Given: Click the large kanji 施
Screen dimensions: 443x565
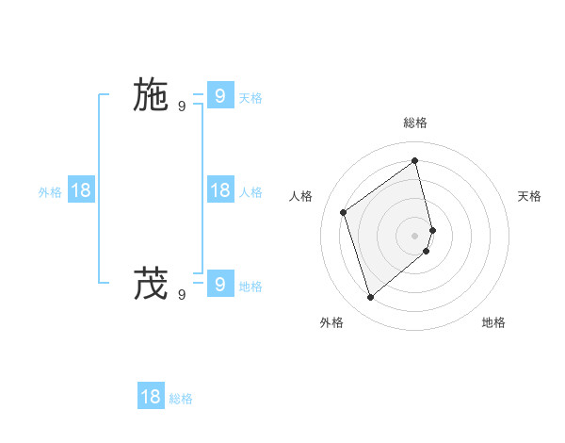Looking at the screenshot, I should click(x=150, y=95).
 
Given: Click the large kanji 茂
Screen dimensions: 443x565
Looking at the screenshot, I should click(x=150, y=283).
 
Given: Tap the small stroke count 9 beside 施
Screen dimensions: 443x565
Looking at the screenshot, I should click(x=182, y=107).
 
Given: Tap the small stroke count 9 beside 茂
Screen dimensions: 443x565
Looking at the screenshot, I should click(x=182, y=294).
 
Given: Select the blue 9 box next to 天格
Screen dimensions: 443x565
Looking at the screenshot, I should click(x=219, y=95).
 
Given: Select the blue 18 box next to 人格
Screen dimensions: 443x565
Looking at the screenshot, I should click(x=219, y=190).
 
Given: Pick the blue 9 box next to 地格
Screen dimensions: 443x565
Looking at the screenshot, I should click(x=219, y=283).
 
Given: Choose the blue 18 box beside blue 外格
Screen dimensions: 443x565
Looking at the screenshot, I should click(x=81, y=190).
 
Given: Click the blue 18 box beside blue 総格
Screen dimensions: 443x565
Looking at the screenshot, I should click(x=151, y=396).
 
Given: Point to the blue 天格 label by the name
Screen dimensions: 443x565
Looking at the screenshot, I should click(x=250, y=98).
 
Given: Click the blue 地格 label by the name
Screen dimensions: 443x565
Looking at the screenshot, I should click(x=250, y=287).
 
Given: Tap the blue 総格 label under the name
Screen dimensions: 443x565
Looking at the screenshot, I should click(x=181, y=399).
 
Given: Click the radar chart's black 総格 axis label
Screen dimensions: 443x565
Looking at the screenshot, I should click(x=415, y=123).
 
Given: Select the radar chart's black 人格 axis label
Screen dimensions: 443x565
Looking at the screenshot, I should click(x=300, y=196).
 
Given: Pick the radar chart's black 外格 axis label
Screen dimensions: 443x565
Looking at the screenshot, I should click(x=331, y=322).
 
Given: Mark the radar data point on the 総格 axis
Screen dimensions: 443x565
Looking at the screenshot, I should click(x=415, y=160).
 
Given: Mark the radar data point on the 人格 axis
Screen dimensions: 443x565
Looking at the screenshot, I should click(x=344, y=212).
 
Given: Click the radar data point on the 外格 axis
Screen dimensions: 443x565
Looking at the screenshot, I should click(x=371, y=298).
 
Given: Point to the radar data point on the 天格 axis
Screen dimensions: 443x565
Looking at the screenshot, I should click(x=432, y=230).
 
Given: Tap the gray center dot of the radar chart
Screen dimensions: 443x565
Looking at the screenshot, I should click(x=415, y=235).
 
